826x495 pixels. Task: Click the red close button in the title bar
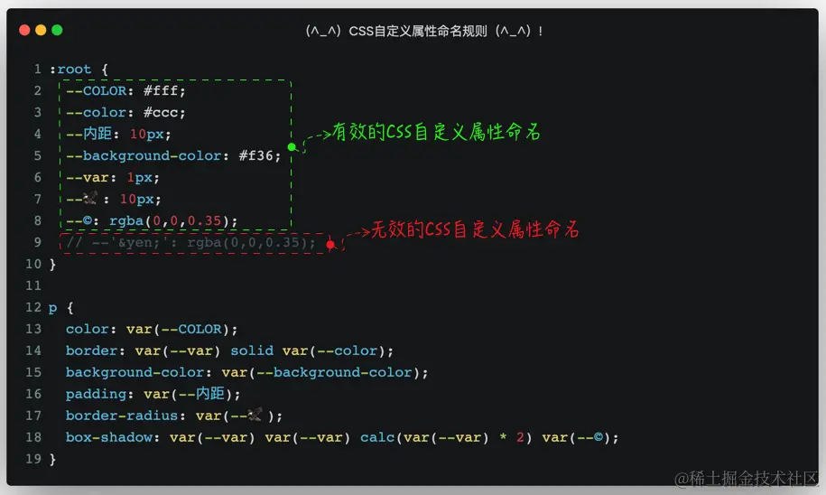23,30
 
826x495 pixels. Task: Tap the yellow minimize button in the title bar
41,30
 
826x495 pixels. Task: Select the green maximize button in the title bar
57,30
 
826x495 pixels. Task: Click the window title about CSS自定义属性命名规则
423,31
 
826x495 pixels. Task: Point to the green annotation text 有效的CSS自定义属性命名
437,132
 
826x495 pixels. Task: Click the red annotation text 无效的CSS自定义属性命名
475,230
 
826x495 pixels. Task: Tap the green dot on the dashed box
292,146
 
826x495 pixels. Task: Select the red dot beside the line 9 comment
330,244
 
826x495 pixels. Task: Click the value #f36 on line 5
260,155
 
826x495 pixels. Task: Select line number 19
33,459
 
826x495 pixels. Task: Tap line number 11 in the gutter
33,285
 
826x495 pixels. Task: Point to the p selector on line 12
52,307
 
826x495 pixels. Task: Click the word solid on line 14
252,350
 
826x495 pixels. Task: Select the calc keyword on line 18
377,437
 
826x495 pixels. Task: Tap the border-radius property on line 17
122,416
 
